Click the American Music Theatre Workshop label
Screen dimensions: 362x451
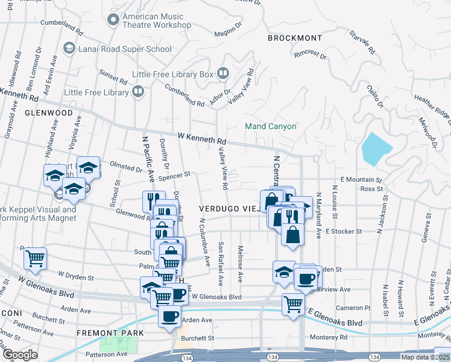tap(156, 21)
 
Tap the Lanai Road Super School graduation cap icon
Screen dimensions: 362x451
tap(69, 47)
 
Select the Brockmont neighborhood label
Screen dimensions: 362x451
tap(295, 37)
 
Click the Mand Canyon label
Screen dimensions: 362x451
tap(271, 126)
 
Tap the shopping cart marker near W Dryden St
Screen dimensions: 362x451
tap(36, 258)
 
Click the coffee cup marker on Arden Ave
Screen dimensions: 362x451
tap(169, 316)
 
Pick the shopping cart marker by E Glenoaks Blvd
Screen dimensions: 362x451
tap(293, 303)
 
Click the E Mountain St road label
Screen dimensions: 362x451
tap(361, 180)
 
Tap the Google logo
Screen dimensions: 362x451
tap(20, 355)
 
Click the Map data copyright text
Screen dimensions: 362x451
tap(424, 357)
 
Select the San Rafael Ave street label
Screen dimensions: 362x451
tap(221, 264)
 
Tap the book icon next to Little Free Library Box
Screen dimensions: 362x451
tap(223, 74)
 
